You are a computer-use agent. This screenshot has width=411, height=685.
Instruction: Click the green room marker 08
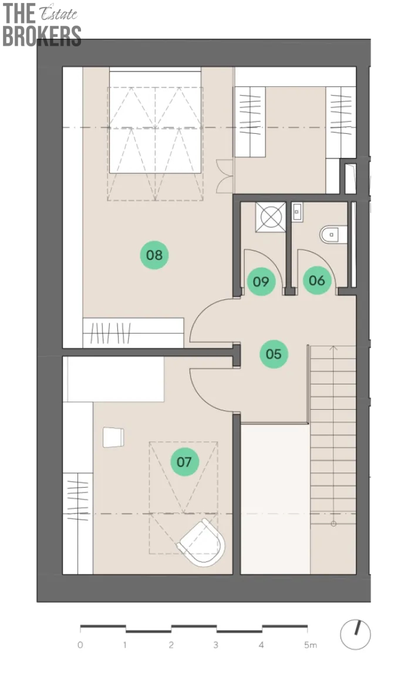coord(154,255)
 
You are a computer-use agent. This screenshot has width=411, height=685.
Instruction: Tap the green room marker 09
coord(261,281)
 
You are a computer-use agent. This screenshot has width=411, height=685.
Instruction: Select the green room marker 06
coord(317,280)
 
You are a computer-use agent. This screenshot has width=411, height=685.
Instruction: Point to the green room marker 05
coord(274,353)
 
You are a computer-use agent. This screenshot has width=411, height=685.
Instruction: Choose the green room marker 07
coord(184,461)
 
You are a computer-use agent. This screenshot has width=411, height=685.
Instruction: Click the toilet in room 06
coord(333,235)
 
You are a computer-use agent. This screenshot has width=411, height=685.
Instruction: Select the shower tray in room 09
coord(271,217)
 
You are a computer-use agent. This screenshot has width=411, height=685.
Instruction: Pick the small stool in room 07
coord(113,437)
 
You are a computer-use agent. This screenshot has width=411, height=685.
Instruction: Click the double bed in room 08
coord(155,120)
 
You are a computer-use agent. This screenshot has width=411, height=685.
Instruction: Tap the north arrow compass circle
coord(355,635)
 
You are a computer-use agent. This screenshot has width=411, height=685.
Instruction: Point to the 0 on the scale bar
coord(80,645)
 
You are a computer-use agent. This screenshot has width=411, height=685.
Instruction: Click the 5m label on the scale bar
coord(311,645)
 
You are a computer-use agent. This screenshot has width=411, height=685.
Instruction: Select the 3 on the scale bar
coord(215,645)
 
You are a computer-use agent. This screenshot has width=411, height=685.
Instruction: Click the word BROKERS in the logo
coord(42,36)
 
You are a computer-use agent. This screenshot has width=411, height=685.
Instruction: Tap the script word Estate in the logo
coord(59,15)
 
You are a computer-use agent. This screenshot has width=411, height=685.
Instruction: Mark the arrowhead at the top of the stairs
coord(333,348)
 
